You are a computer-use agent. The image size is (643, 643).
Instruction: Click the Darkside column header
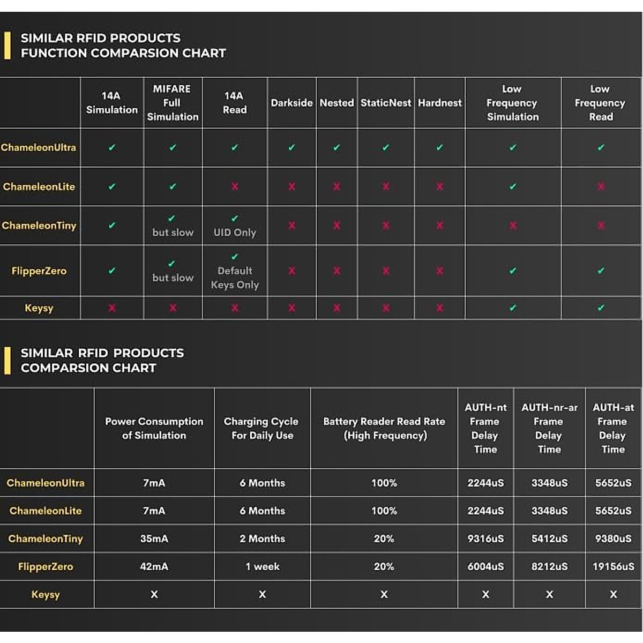click(291, 103)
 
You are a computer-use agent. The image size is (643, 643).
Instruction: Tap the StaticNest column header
click(386, 103)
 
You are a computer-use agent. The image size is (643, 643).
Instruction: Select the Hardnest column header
click(439, 103)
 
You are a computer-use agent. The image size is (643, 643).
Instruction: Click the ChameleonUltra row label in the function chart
click(39, 147)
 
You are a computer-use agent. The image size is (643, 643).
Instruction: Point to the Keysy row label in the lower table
click(46, 594)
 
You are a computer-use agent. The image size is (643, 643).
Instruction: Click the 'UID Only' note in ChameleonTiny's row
click(235, 233)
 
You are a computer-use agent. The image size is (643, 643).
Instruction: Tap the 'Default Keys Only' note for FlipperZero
click(235, 278)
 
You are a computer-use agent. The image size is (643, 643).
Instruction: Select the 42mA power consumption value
click(154, 566)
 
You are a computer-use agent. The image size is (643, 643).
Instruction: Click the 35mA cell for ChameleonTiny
click(154, 539)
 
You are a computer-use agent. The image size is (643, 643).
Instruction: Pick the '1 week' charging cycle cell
click(263, 566)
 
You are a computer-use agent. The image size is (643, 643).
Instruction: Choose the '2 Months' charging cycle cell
click(263, 539)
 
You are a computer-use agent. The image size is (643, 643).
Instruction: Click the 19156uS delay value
click(613, 566)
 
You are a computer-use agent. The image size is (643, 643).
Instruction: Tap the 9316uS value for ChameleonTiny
click(485, 539)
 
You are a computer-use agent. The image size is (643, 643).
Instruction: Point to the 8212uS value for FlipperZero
click(549, 566)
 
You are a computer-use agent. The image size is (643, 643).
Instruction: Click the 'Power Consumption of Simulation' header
click(154, 428)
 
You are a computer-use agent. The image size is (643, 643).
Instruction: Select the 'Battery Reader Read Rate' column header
click(384, 428)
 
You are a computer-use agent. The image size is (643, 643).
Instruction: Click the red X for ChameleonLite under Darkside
click(291, 186)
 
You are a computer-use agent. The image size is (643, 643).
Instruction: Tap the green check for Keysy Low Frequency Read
click(601, 308)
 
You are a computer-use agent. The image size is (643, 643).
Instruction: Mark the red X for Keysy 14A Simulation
click(112, 308)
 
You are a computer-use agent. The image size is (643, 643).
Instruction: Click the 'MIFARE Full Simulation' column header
click(173, 103)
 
